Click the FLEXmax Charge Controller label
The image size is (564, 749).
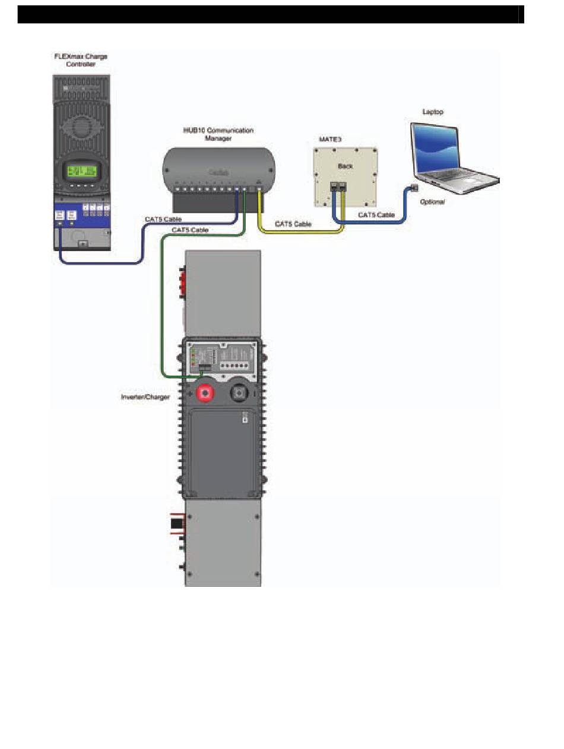click(80, 60)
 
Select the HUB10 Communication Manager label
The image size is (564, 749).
click(218, 134)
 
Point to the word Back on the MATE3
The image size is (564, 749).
click(345, 166)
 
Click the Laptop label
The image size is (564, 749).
click(432, 112)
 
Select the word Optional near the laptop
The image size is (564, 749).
click(432, 202)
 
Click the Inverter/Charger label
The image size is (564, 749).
click(145, 396)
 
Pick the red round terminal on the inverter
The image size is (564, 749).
click(205, 393)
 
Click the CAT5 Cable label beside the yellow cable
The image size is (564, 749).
click(293, 224)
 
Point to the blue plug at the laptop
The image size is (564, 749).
click(413, 188)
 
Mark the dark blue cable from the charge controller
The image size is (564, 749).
click(101, 262)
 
